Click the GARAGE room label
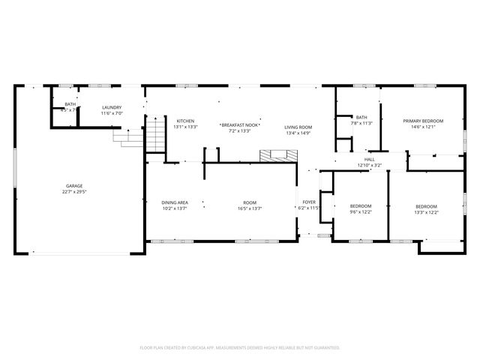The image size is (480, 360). [x=73, y=185]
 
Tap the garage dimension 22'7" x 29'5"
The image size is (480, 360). [x=73, y=191]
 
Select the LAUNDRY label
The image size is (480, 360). [x=112, y=107]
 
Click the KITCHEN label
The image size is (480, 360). [x=185, y=121]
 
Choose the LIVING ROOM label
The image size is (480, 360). [x=298, y=127]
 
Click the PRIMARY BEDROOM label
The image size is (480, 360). [x=423, y=121]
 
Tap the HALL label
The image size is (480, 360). [x=369, y=159]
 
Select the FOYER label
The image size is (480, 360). [x=309, y=202]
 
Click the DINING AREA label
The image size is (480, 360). [x=175, y=202]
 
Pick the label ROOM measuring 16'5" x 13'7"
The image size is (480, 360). [x=249, y=202]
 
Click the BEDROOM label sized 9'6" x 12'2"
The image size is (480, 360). [x=361, y=206]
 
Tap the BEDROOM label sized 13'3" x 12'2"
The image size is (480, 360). [x=426, y=206]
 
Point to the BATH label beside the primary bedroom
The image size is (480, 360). [x=361, y=117]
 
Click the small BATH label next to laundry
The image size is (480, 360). [x=70, y=104]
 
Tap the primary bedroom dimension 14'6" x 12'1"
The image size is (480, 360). [x=423, y=127]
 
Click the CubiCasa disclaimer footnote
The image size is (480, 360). [x=240, y=347]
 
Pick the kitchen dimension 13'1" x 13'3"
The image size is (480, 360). [x=185, y=127]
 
